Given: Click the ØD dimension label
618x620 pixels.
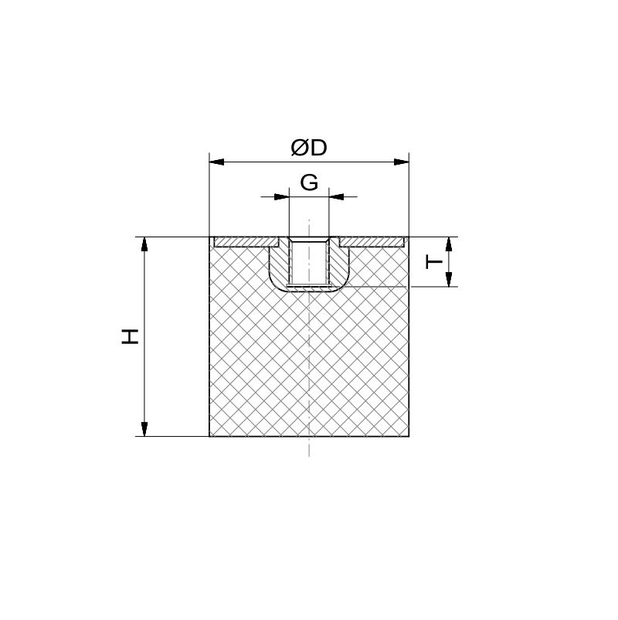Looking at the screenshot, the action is (309, 148).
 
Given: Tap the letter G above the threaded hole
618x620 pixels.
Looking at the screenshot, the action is (309, 182).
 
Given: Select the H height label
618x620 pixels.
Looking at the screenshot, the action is (130, 336).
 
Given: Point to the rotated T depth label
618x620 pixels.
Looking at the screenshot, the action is (434, 262).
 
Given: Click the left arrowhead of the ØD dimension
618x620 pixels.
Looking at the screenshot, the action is (216, 162).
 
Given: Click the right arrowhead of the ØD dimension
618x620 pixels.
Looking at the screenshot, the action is (402, 162).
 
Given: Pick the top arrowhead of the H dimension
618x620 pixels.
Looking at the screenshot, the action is (144, 244).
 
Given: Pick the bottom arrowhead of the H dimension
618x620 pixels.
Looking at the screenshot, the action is (144, 429).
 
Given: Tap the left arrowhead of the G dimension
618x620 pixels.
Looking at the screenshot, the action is (282, 196).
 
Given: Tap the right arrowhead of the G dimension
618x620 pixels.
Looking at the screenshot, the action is (336, 196).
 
